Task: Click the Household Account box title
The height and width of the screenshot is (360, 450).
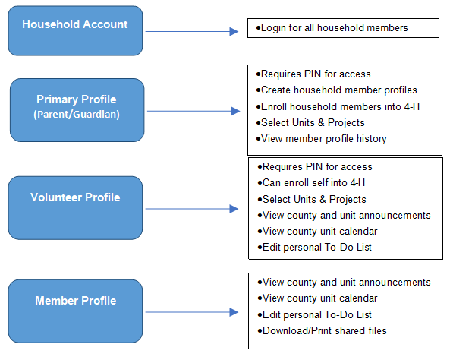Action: click(x=75, y=24)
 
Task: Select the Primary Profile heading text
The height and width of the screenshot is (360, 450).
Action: click(x=77, y=99)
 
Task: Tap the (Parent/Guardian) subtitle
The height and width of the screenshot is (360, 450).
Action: click(x=77, y=115)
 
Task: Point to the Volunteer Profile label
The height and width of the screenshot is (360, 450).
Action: click(x=75, y=197)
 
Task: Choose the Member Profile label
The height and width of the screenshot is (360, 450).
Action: click(x=76, y=301)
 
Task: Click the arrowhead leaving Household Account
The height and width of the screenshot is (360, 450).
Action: click(x=234, y=31)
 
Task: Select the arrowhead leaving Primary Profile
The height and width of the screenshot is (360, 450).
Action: click(x=235, y=111)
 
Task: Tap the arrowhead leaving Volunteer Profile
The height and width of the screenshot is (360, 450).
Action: click(x=234, y=209)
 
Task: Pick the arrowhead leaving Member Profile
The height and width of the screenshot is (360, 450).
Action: click(x=234, y=312)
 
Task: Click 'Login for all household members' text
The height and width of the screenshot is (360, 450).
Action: click(x=335, y=28)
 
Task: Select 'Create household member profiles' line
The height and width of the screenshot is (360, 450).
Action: click(x=339, y=90)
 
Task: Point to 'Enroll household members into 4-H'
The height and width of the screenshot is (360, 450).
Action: click(x=341, y=106)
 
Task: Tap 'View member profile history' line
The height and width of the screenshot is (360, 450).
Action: click(x=324, y=139)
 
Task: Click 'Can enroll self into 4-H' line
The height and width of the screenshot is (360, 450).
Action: click(x=313, y=183)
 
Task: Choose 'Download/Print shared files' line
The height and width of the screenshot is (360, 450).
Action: click(x=325, y=330)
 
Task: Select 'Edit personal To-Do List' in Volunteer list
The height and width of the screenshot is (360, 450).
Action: click(x=317, y=247)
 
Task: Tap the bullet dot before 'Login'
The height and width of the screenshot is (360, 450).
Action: click(x=258, y=28)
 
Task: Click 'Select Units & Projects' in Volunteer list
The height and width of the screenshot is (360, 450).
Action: click(x=314, y=200)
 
